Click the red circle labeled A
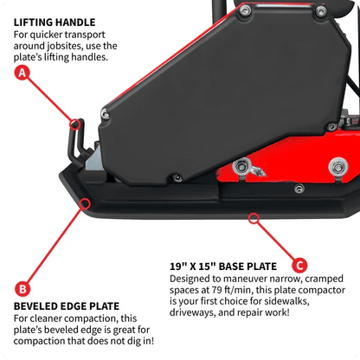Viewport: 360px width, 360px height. pyautogui.click(x=22, y=74)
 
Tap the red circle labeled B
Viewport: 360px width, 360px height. pyautogui.click(x=22, y=288)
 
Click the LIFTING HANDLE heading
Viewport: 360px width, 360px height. pyautogui.click(x=55, y=22)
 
